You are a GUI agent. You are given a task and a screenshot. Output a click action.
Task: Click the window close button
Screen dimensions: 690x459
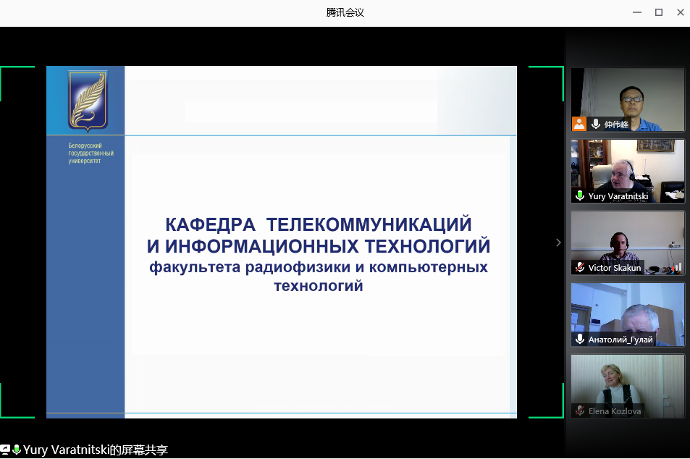pyautogui.click(x=681, y=12)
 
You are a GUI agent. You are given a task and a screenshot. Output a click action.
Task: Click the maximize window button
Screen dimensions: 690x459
pyautogui.click(x=659, y=12)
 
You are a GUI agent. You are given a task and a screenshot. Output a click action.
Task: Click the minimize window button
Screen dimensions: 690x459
pyautogui.click(x=636, y=12)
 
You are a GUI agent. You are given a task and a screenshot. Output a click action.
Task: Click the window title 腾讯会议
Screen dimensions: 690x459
pyautogui.click(x=345, y=12)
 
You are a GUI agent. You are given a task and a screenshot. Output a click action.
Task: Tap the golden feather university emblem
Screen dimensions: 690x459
pyautogui.click(x=88, y=101)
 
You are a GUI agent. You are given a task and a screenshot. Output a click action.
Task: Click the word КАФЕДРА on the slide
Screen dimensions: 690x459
pyautogui.click(x=211, y=224)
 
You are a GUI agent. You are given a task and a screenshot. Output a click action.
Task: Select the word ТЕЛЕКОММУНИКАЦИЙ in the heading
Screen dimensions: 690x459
pyautogui.click(x=369, y=224)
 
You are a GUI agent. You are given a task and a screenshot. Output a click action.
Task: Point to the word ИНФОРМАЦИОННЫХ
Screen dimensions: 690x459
pyautogui.click(x=262, y=246)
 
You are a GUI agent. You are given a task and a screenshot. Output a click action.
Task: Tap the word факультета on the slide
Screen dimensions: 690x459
pyautogui.click(x=195, y=267)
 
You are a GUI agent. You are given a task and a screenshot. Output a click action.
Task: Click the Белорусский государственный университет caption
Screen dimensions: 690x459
pyautogui.click(x=91, y=153)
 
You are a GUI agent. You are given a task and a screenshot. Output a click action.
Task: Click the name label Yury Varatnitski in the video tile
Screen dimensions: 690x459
pyautogui.click(x=618, y=196)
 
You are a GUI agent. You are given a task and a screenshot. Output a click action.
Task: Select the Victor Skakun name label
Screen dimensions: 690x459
pyautogui.click(x=614, y=268)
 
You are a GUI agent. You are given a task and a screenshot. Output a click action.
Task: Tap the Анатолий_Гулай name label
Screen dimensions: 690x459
pyautogui.click(x=620, y=340)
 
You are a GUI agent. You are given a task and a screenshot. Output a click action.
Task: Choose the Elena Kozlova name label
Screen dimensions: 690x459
pyautogui.click(x=614, y=411)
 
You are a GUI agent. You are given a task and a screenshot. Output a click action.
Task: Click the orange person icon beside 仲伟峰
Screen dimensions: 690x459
pyautogui.click(x=579, y=124)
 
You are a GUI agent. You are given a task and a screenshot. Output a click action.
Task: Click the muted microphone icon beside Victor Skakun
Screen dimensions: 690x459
pyautogui.click(x=580, y=267)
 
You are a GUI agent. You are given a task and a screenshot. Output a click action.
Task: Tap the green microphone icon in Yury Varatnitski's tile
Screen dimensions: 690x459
pyautogui.click(x=580, y=195)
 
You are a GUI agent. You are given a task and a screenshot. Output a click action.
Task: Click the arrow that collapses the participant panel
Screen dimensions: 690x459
pyautogui.click(x=558, y=243)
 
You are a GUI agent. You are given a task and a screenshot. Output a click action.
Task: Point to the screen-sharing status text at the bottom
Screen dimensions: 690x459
pyautogui.click(x=96, y=450)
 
